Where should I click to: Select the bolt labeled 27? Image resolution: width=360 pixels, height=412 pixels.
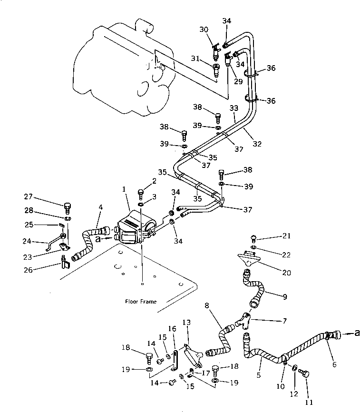(67, 207)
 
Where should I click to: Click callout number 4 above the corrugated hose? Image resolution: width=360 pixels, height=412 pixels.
(100, 207)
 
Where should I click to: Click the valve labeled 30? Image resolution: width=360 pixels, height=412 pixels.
(216, 48)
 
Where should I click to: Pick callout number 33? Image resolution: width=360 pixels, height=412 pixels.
(234, 109)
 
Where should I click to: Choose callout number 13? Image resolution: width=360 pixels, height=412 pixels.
(186, 322)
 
